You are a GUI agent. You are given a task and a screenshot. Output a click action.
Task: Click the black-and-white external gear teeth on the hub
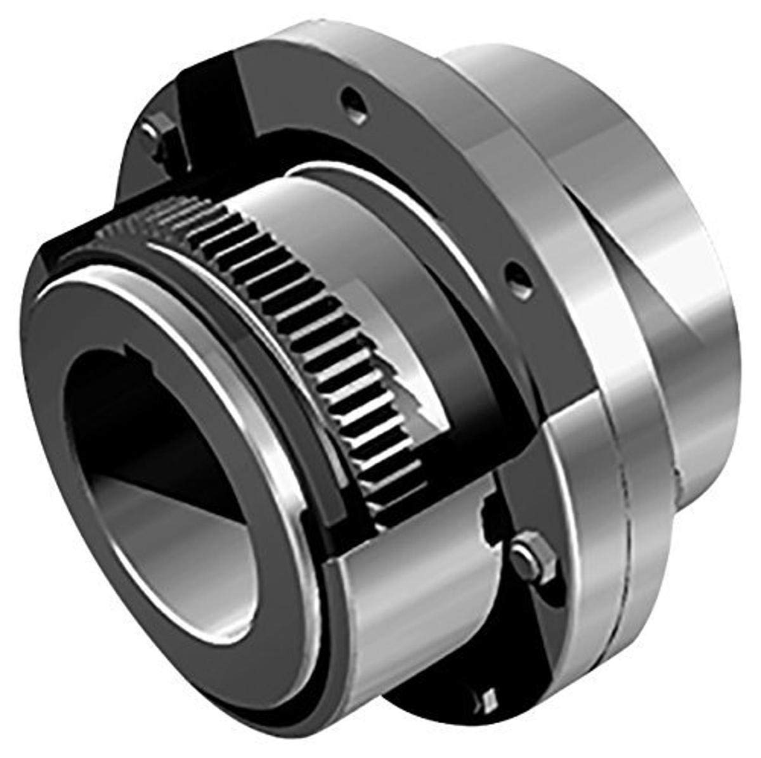(x=317, y=317)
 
